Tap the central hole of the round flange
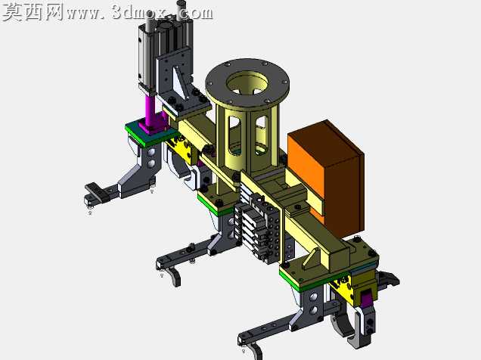pyautogui.click(x=248, y=82)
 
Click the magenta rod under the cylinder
pyautogui.click(x=151, y=110)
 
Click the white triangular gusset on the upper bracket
pyautogui.click(x=180, y=83)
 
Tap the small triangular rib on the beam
pyautogui.click(x=310, y=260)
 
